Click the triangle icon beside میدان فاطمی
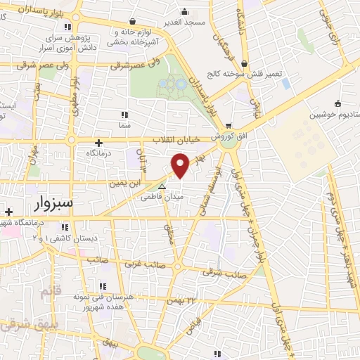coord(162,187)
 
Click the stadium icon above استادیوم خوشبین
coord(337,102)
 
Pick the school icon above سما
coord(125,114)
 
